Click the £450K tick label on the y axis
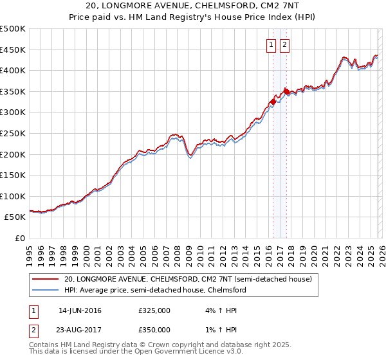pos(13,50)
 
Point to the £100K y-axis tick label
pos(13,196)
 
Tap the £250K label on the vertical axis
pos(13,133)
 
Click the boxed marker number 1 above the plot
pos(270,45)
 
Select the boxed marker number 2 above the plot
pos(284,45)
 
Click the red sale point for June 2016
pos(273,102)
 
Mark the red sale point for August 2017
pos(286,91)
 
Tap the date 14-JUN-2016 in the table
pos(80,310)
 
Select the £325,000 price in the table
pos(154,310)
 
